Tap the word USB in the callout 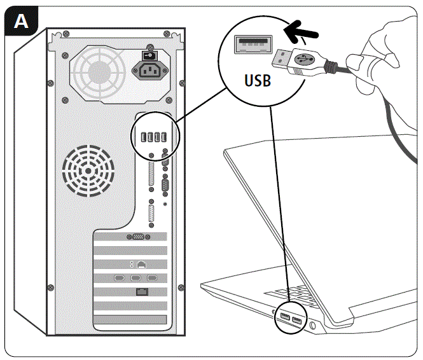(x=258, y=81)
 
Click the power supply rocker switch (x=151, y=55)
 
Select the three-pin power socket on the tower (x=151, y=71)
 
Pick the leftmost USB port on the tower (x=142, y=137)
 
